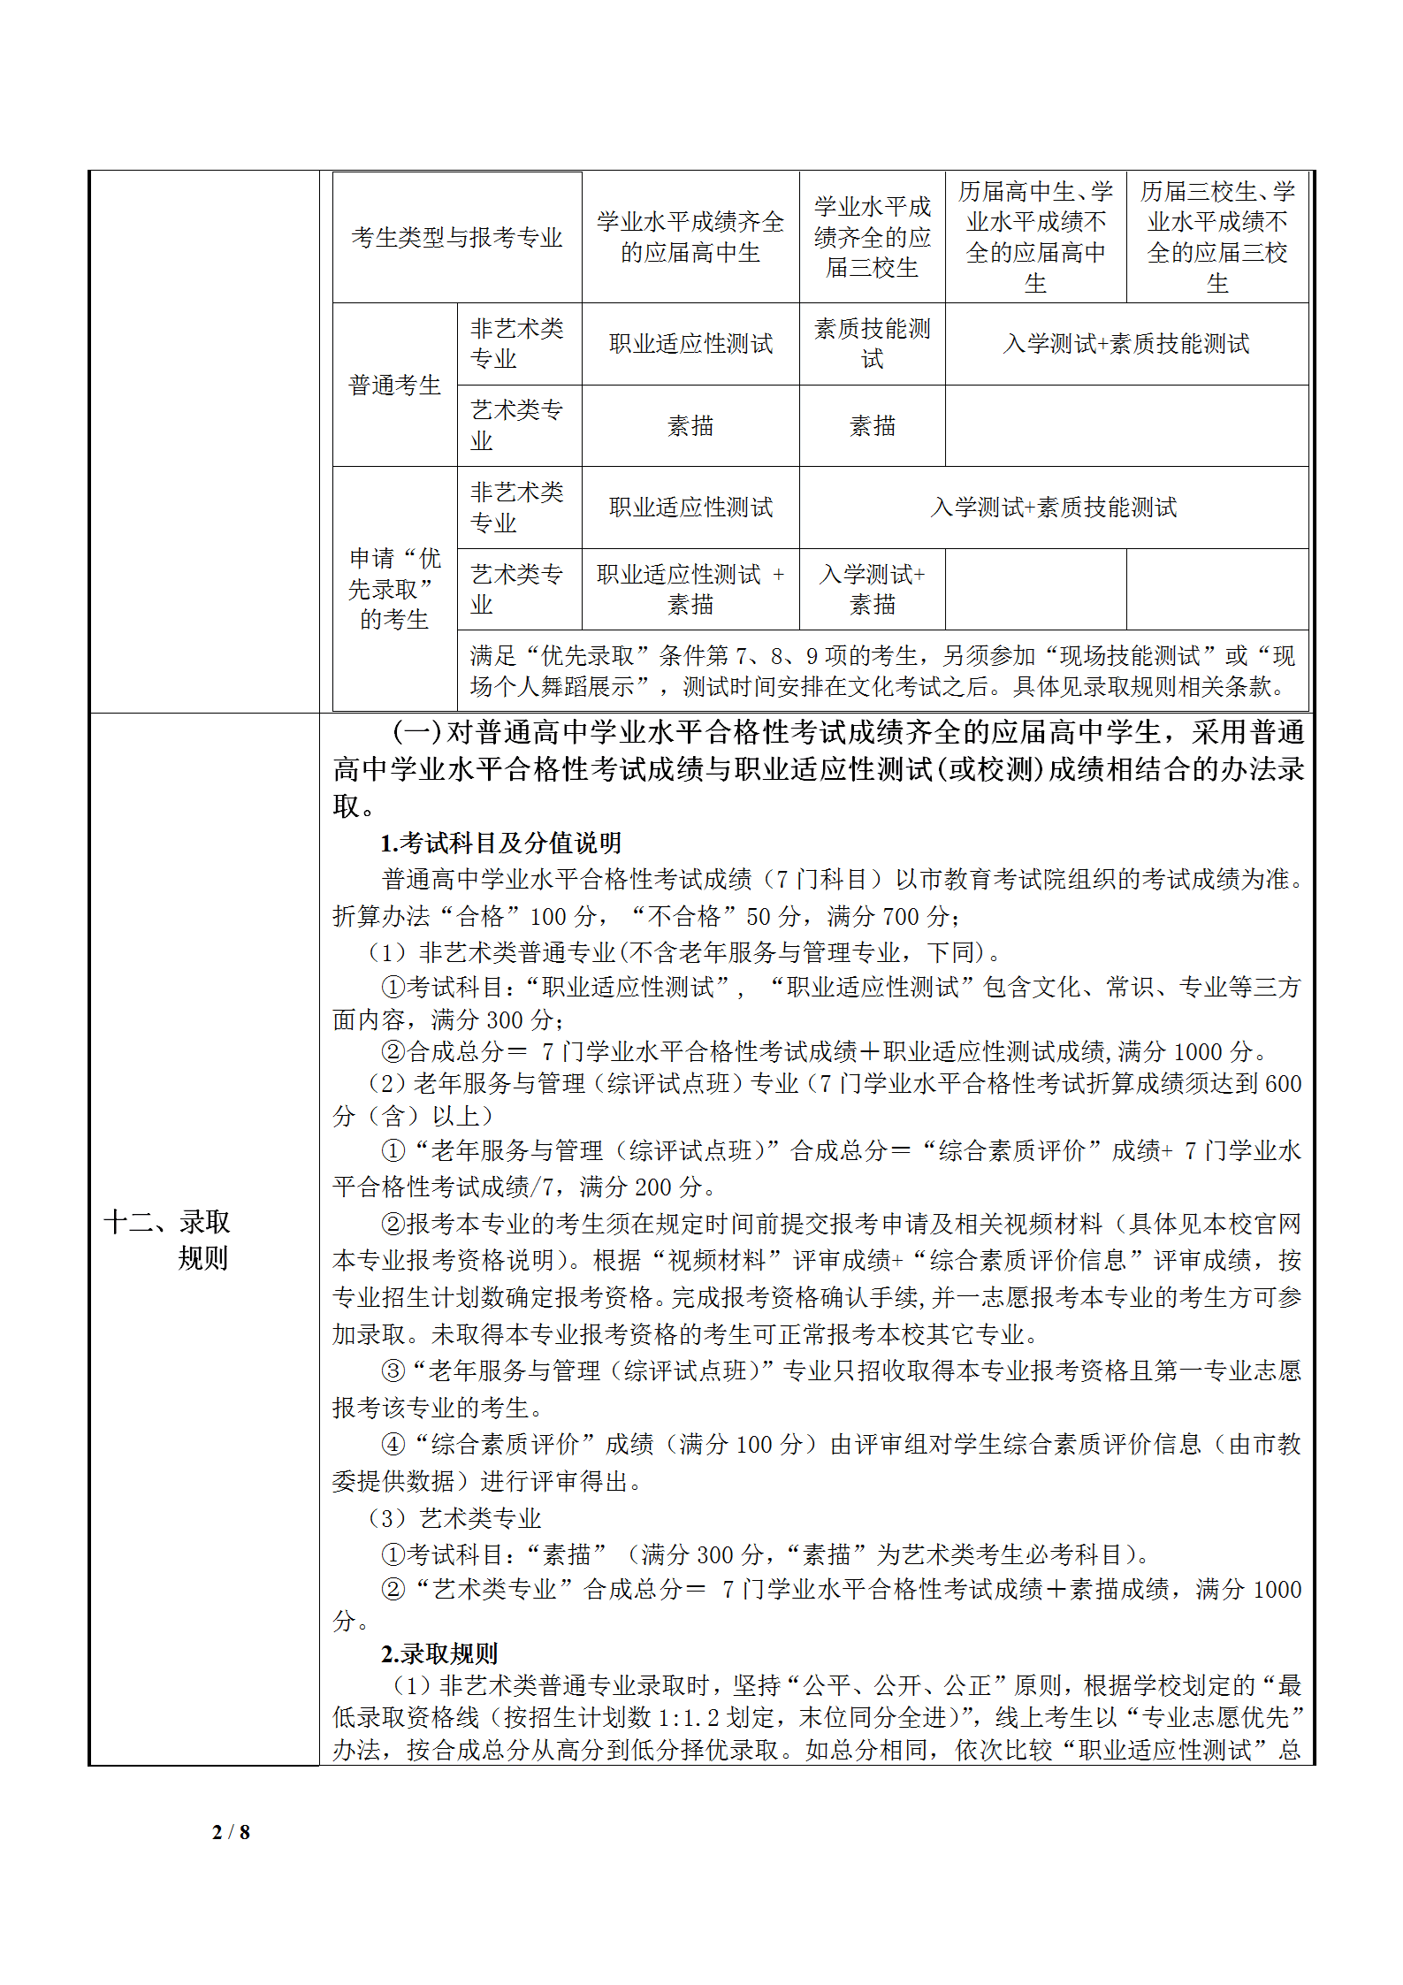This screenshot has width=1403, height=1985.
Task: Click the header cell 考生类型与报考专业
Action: pos(456,237)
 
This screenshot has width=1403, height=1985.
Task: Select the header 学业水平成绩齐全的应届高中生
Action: pos(690,237)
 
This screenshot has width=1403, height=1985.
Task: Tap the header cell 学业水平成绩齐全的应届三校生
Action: pos(872,237)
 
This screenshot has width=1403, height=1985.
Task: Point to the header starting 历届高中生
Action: pos(1035,237)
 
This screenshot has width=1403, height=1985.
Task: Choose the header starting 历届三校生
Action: pos(1216,237)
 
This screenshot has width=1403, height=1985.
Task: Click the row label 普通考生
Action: pos(394,386)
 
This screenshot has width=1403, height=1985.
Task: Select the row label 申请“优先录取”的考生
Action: pos(394,589)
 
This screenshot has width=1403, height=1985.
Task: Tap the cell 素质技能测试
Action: pos(872,344)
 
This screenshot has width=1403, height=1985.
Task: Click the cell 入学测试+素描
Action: pos(872,590)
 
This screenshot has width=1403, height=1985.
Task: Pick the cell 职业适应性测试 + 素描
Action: pos(690,590)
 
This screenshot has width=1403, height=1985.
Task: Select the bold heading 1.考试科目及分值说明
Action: pos(500,843)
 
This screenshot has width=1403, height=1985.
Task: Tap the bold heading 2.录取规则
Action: pos(439,1653)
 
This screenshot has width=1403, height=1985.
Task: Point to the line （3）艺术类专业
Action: pos(454,1518)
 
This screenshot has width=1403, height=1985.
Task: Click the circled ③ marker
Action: pos(393,1371)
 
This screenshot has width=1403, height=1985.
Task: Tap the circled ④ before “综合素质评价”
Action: pos(393,1445)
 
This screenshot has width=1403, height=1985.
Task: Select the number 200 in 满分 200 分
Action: pos(653,1187)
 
